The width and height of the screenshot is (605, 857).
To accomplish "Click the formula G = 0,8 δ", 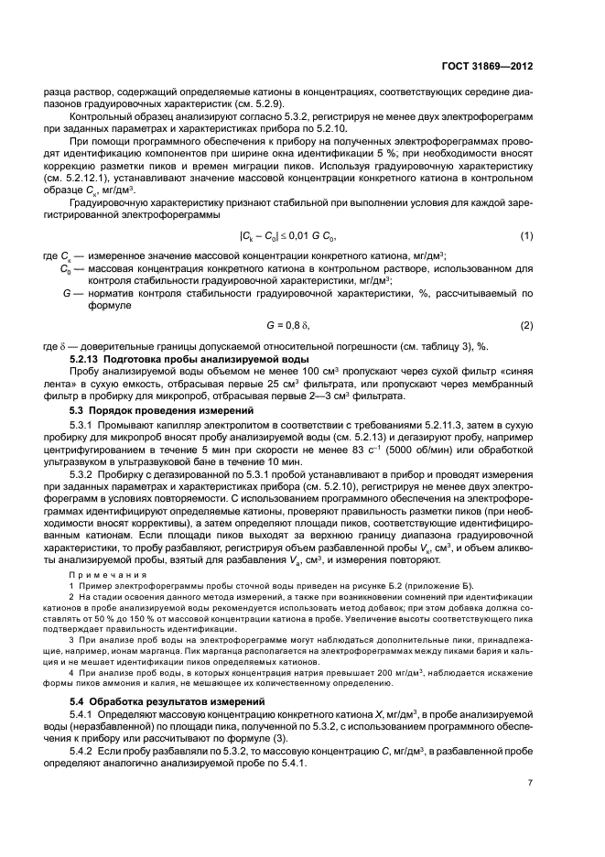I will (x=302, y=325).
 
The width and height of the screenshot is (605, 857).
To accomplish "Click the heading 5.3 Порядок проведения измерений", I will (x=150, y=411).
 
